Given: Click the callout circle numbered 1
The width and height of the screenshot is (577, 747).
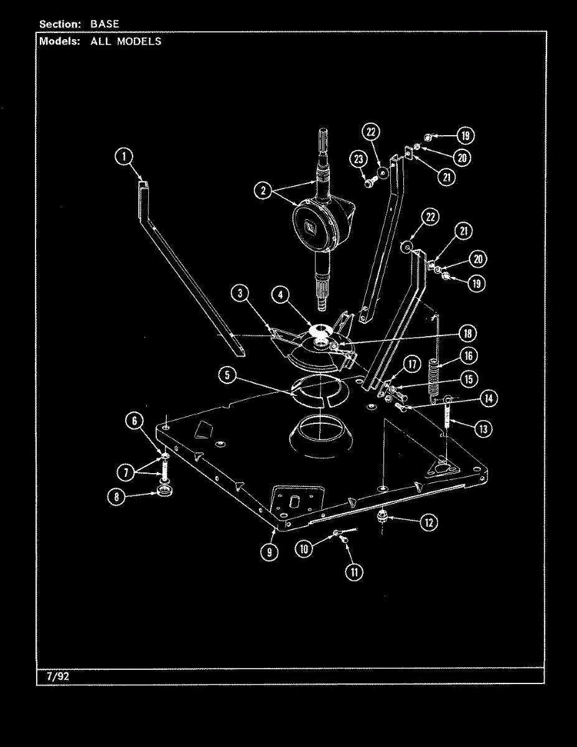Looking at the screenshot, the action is click(124, 157).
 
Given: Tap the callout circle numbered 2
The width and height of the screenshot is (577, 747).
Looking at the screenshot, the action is click(263, 190).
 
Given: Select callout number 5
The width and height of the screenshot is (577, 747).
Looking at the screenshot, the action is click(227, 375).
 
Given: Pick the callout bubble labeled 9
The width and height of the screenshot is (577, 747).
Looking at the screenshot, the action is click(270, 552).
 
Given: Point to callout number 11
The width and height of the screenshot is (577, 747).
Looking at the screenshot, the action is click(354, 572).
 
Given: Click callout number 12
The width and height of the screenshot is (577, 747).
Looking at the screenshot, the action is click(429, 522).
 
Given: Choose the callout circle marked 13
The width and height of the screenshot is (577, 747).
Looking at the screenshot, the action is click(483, 429).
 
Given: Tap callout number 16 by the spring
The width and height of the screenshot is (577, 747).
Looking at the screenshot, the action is click(469, 356).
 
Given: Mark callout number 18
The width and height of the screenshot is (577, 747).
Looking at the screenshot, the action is click(467, 333).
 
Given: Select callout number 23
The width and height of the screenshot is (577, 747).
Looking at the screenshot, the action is click(359, 159).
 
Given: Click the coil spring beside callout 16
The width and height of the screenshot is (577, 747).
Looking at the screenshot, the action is click(435, 380).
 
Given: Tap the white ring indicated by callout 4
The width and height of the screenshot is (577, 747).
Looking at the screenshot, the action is click(320, 329).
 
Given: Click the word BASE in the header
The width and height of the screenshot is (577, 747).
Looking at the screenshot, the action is click(105, 24).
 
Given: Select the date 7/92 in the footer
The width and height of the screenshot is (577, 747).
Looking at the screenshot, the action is click(58, 677).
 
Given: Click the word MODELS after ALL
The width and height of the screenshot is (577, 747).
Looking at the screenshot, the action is click(139, 42).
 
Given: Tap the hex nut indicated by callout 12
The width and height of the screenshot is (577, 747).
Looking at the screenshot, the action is click(382, 517).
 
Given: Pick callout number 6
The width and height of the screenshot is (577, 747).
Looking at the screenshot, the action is click(134, 420).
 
